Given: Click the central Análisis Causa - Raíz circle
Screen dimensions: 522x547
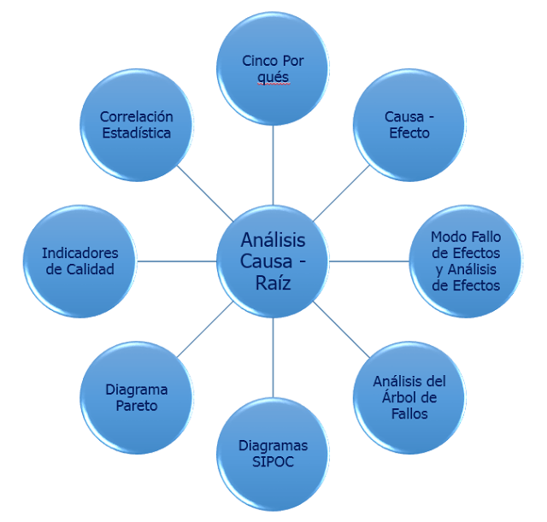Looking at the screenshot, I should coord(273,260).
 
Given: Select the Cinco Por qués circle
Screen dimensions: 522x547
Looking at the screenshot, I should coord(273,68).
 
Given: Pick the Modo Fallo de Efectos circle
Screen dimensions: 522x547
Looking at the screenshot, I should coord(465,260).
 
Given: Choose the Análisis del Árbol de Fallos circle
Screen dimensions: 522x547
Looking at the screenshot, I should coord(409,396).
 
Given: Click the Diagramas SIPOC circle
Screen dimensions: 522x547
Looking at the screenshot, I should coord(273,453).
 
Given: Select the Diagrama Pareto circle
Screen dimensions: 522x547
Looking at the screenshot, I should coord(137,396).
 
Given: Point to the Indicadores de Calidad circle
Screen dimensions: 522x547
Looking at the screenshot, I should coord(80,260).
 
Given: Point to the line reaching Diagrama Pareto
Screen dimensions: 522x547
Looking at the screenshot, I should coord(205,328).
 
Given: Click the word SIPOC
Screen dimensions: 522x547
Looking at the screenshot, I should coord(273,462).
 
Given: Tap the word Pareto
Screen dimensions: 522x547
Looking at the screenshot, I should coord(137,406).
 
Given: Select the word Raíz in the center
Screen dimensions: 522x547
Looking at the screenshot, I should coord(273,283).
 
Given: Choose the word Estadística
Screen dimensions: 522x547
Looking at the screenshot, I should coord(137,133).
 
